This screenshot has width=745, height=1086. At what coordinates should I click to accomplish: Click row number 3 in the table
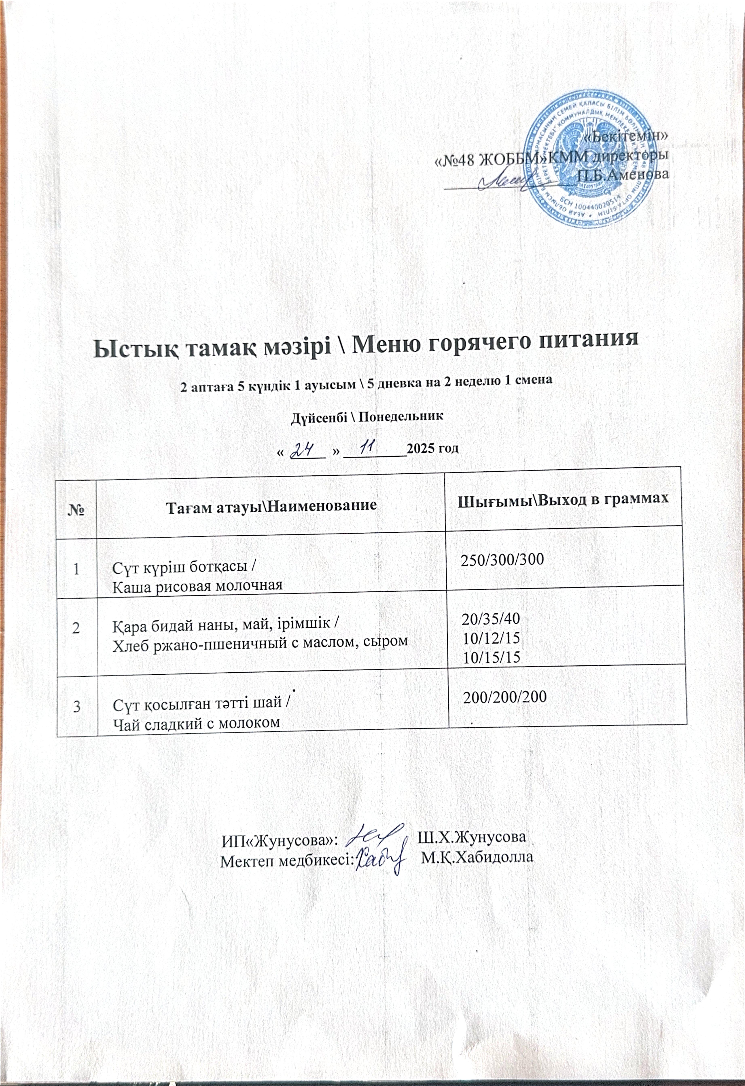click(x=76, y=706)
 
